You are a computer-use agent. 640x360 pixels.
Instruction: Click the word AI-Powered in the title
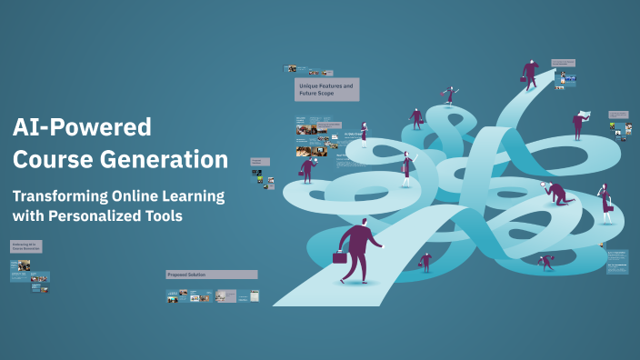tap(81, 126)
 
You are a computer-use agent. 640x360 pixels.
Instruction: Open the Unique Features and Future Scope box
tap(326, 89)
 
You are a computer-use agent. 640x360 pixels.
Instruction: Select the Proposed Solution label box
tap(211, 274)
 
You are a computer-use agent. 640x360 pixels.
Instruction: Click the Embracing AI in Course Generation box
tap(26, 245)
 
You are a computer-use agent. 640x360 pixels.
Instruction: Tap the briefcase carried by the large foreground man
tap(340, 257)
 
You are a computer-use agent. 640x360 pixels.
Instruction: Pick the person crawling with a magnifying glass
tap(555, 193)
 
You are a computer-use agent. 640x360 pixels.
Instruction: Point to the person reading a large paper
tap(579, 122)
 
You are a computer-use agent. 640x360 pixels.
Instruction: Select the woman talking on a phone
tap(605, 201)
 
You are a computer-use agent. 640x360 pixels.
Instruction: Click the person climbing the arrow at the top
tap(529, 73)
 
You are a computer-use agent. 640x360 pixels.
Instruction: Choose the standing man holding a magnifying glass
tap(308, 168)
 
